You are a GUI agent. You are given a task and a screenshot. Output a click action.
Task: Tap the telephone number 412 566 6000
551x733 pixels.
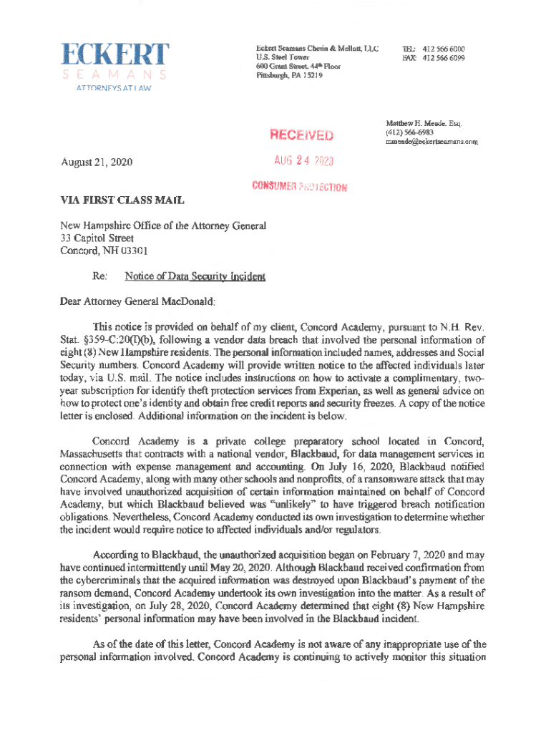pyautogui.click(x=444, y=49)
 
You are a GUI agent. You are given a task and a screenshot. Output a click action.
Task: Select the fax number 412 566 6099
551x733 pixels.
pyautogui.click(x=444, y=58)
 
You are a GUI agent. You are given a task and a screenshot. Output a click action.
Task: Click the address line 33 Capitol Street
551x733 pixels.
pyautogui.click(x=97, y=238)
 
